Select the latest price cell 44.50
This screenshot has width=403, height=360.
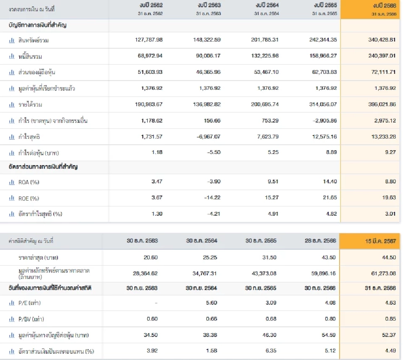pyautogui.click(x=389, y=258)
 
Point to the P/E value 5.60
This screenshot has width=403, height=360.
pyautogui.click(x=211, y=303)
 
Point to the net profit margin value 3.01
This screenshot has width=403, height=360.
pyautogui.click(x=390, y=214)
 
